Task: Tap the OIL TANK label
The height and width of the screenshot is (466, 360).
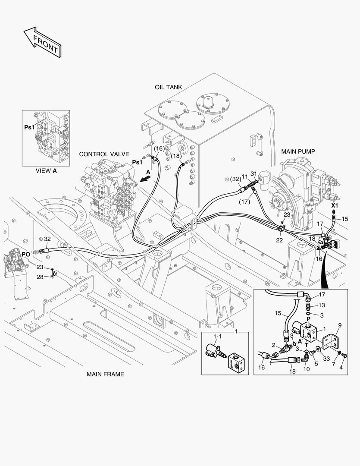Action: click(x=168, y=87)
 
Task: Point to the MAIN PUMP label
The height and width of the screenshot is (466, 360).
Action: click(x=298, y=151)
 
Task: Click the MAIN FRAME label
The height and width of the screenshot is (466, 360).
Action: click(x=105, y=374)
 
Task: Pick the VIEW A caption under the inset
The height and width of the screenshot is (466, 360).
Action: click(x=46, y=170)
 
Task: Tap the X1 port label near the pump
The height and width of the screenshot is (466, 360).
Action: click(x=335, y=206)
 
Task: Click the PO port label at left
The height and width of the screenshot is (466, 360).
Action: click(x=26, y=254)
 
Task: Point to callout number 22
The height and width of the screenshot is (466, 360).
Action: click(x=279, y=240)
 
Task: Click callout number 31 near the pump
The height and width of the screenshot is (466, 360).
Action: click(x=254, y=174)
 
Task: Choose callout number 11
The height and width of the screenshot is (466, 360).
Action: click(x=244, y=176)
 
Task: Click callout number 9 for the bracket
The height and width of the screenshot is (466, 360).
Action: click(x=339, y=325)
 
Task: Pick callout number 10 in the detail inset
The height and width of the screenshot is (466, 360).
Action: click(x=306, y=369)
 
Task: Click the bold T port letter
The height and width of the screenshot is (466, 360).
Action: click(x=306, y=345)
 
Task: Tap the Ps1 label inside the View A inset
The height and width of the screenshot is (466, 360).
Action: click(x=29, y=128)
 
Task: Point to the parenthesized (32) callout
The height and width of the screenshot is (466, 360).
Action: click(x=235, y=179)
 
